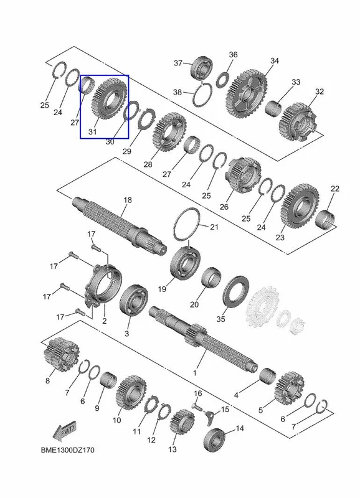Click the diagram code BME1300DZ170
point(68,450)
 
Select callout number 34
point(275,60)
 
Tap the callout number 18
point(128,200)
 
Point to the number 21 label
point(214,227)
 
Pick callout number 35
point(220,319)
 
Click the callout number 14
point(240,428)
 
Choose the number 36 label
point(233,54)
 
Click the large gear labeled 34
point(247,95)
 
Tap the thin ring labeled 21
point(187,224)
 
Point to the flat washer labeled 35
point(236,291)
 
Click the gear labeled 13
point(182,423)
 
